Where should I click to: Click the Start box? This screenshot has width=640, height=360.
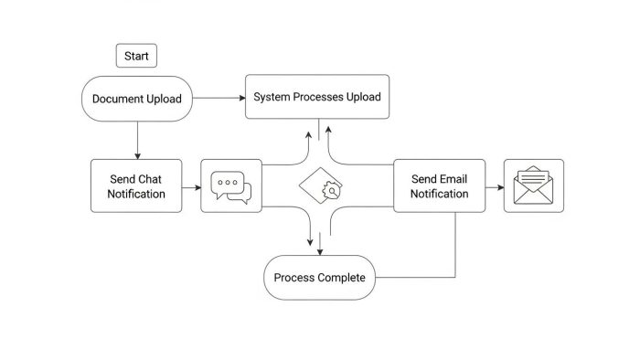pyautogui.click(x=136, y=56)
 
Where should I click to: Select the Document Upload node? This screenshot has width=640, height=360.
pyautogui.click(x=137, y=99)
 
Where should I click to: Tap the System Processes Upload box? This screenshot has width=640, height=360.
pyautogui.click(x=317, y=96)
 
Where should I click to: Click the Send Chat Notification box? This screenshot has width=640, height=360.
pyautogui.click(x=136, y=185)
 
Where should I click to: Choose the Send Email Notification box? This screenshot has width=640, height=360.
pyautogui.click(x=439, y=185)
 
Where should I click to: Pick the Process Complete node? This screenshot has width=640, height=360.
pyautogui.click(x=320, y=278)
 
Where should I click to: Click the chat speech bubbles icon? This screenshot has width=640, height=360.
pyautogui.click(x=230, y=186)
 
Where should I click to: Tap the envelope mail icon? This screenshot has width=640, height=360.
pyautogui.click(x=534, y=186)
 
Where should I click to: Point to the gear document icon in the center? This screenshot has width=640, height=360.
pyautogui.click(x=321, y=186)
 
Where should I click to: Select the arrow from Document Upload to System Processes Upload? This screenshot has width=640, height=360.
pyautogui.click(x=218, y=96)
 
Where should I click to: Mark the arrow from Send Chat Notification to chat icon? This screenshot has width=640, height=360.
pyautogui.click(x=191, y=188)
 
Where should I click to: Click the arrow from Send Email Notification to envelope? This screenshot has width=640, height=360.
pyautogui.click(x=495, y=188)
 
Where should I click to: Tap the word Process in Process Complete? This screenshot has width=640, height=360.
pyautogui.click(x=293, y=278)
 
